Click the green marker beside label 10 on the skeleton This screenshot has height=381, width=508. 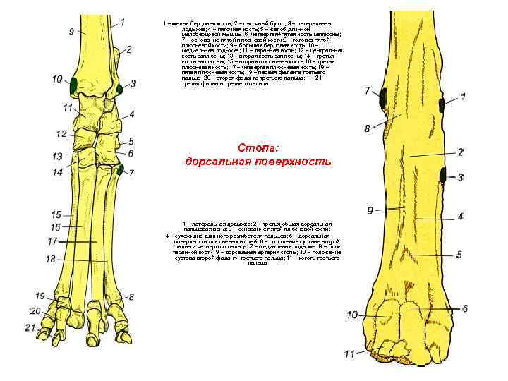[73, 85]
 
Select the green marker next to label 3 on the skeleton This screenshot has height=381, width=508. [120, 87]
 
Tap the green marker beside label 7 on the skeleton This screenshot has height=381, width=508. [121, 169]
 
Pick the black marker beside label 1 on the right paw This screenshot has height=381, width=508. [441, 106]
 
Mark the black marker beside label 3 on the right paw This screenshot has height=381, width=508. [442, 174]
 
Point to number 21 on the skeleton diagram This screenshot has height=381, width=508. [30, 327]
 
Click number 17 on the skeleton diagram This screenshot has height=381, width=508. [52, 241]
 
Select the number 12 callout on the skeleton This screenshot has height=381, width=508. [61, 133]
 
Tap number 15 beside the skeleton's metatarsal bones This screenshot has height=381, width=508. [56, 214]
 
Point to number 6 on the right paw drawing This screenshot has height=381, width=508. [465, 308]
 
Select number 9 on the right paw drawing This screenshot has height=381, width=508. [370, 210]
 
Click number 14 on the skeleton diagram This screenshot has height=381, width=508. [57, 171]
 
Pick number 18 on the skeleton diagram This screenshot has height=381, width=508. [51, 260]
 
